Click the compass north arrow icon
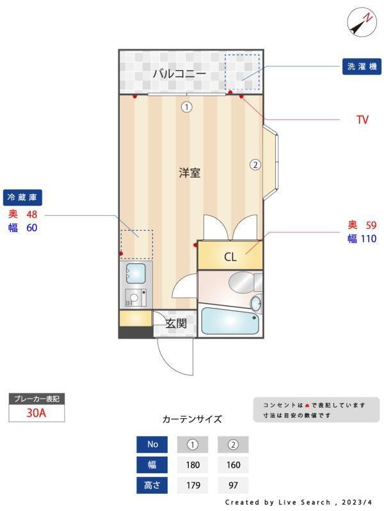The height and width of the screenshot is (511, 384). tap(361, 23)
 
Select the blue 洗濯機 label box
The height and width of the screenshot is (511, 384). tap(362, 66)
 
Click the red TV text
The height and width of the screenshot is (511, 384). tap(362, 119)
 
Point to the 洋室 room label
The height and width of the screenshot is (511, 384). tap(189, 172)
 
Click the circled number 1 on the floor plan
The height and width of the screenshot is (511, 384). tap(186, 107)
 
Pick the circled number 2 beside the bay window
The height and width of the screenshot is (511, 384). tap(255, 164)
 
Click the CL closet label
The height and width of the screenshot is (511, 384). tap(230, 257)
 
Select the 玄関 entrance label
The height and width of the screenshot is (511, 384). tap(176, 323)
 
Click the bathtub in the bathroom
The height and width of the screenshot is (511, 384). tap(230, 321)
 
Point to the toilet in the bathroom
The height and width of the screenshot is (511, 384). tap(243, 281)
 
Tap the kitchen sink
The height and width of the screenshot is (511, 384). tap(136, 274)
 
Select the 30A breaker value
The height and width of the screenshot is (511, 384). tap(36, 413)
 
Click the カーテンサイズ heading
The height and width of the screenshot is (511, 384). tap(192, 420)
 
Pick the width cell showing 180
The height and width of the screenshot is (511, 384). tap(193, 465)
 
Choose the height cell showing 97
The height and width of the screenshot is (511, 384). tap(233, 485)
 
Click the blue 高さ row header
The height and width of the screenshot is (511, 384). tap(152, 485)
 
